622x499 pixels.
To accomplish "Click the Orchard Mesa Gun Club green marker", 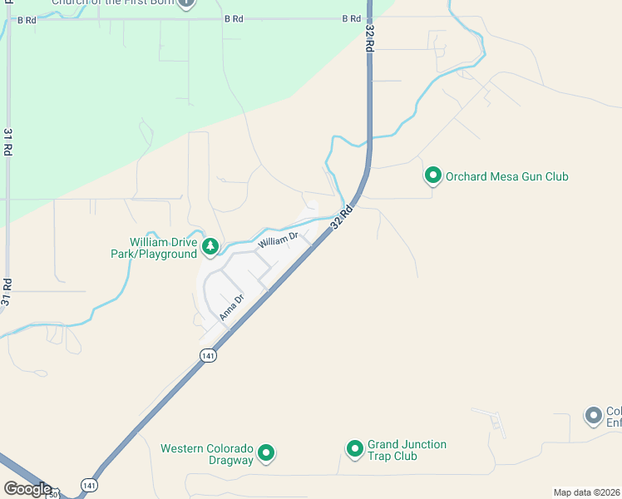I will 432,176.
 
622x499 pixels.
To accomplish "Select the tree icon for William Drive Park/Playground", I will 211,245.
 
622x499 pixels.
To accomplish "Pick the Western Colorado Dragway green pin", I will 266,452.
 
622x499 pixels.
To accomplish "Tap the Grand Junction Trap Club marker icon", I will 354,449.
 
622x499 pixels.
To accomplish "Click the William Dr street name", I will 277,241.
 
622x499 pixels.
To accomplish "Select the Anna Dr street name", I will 232,308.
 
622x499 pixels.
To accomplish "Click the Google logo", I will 27,488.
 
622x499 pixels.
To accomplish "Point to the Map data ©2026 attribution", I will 587,492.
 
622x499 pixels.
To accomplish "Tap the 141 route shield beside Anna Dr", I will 208,355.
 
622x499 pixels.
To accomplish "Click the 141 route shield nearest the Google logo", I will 88,484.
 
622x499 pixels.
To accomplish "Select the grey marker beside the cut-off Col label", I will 593,415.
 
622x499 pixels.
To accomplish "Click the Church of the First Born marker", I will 187,2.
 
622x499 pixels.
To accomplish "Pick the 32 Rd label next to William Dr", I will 340,218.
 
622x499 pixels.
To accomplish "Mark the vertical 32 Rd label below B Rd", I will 368,38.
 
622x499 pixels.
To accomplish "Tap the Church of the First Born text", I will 113,2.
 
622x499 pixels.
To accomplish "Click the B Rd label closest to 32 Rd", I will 352,18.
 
